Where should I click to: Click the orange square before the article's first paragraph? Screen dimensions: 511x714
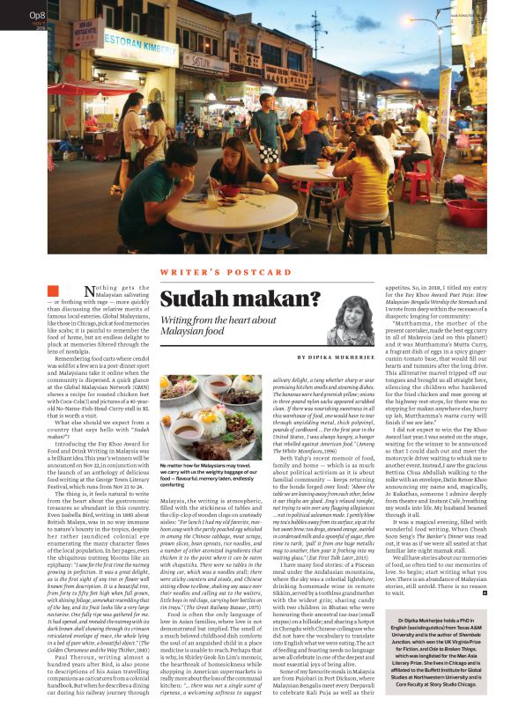click(x=53, y=291)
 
